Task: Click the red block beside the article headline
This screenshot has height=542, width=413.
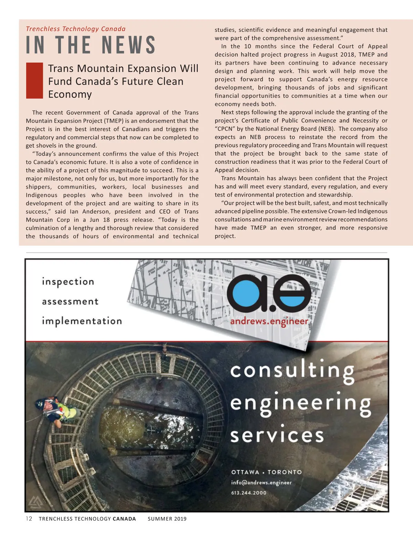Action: pyautogui.click(x=34, y=81)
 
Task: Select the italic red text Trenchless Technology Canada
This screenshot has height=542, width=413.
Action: pyautogui.click(x=76, y=29)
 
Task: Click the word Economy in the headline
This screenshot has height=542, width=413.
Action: pyautogui.click(x=70, y=94)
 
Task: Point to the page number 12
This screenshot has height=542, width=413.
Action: pyautogui.click(x=29, y=519)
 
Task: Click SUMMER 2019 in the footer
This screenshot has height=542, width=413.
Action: pyautogui.click(x=167, y=519)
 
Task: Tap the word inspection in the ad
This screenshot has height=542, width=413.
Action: pyautogui.click(x=68, y=282)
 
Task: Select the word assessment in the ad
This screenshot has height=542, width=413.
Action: pyautogui.click(x=70, y=302)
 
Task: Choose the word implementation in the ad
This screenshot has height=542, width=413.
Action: pyautogui.click(x=82, y=321)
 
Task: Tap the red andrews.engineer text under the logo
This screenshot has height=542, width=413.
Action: pyautogui.click(x=269, y=322)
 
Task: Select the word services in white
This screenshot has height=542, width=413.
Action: pyautogui.click(x=277, y=435)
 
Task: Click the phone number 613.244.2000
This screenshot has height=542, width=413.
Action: pyautogui.click(x=248, y=493)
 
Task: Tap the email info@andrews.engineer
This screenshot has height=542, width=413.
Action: pyautogui.click(x=261, y=482)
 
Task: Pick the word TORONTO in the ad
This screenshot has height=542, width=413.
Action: pyautogui.click(x=285, y=472)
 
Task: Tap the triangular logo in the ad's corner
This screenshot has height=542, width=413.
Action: pyautogui.click(x=35, y=502)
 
